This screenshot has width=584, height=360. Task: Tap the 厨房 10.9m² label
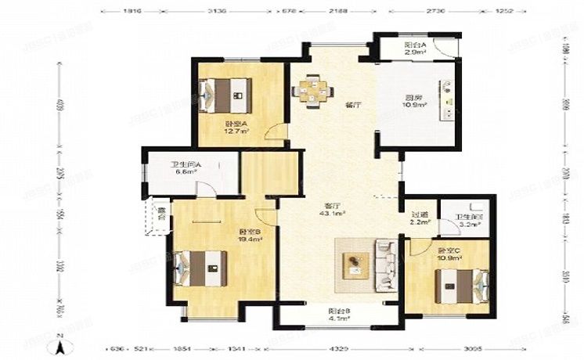[414, 101]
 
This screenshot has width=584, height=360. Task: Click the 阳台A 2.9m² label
[416, 49]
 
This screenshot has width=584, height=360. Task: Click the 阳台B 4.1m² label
[339, 315]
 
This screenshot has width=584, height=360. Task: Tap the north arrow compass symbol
[59, 344]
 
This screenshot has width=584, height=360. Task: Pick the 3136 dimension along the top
[218, 11]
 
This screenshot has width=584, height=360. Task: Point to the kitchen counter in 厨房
[448, 106]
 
